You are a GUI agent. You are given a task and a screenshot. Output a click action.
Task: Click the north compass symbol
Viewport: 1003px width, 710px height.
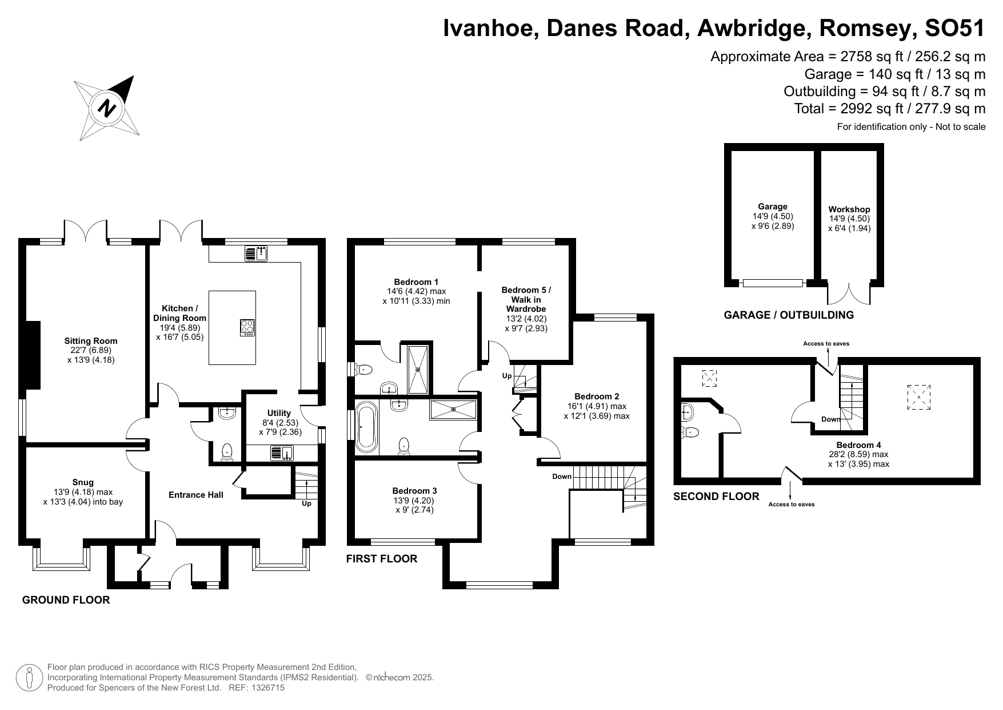coord(107,108)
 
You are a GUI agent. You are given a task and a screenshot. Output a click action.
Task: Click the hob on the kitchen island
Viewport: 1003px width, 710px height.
coord(247,327)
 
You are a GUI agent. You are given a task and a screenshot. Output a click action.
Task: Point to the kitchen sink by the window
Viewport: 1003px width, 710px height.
coord(256,253)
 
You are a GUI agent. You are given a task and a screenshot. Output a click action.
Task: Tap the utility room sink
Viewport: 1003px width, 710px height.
coord(282,453)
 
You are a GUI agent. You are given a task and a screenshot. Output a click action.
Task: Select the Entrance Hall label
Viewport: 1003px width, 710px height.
coord(196,495)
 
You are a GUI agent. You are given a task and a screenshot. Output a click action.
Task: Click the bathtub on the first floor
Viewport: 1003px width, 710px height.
coord(366,426)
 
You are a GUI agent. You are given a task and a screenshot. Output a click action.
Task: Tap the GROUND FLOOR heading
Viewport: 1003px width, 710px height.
coord(66,600)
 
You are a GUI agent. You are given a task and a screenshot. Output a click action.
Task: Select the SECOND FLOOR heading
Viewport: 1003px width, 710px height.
coord(717,497)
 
